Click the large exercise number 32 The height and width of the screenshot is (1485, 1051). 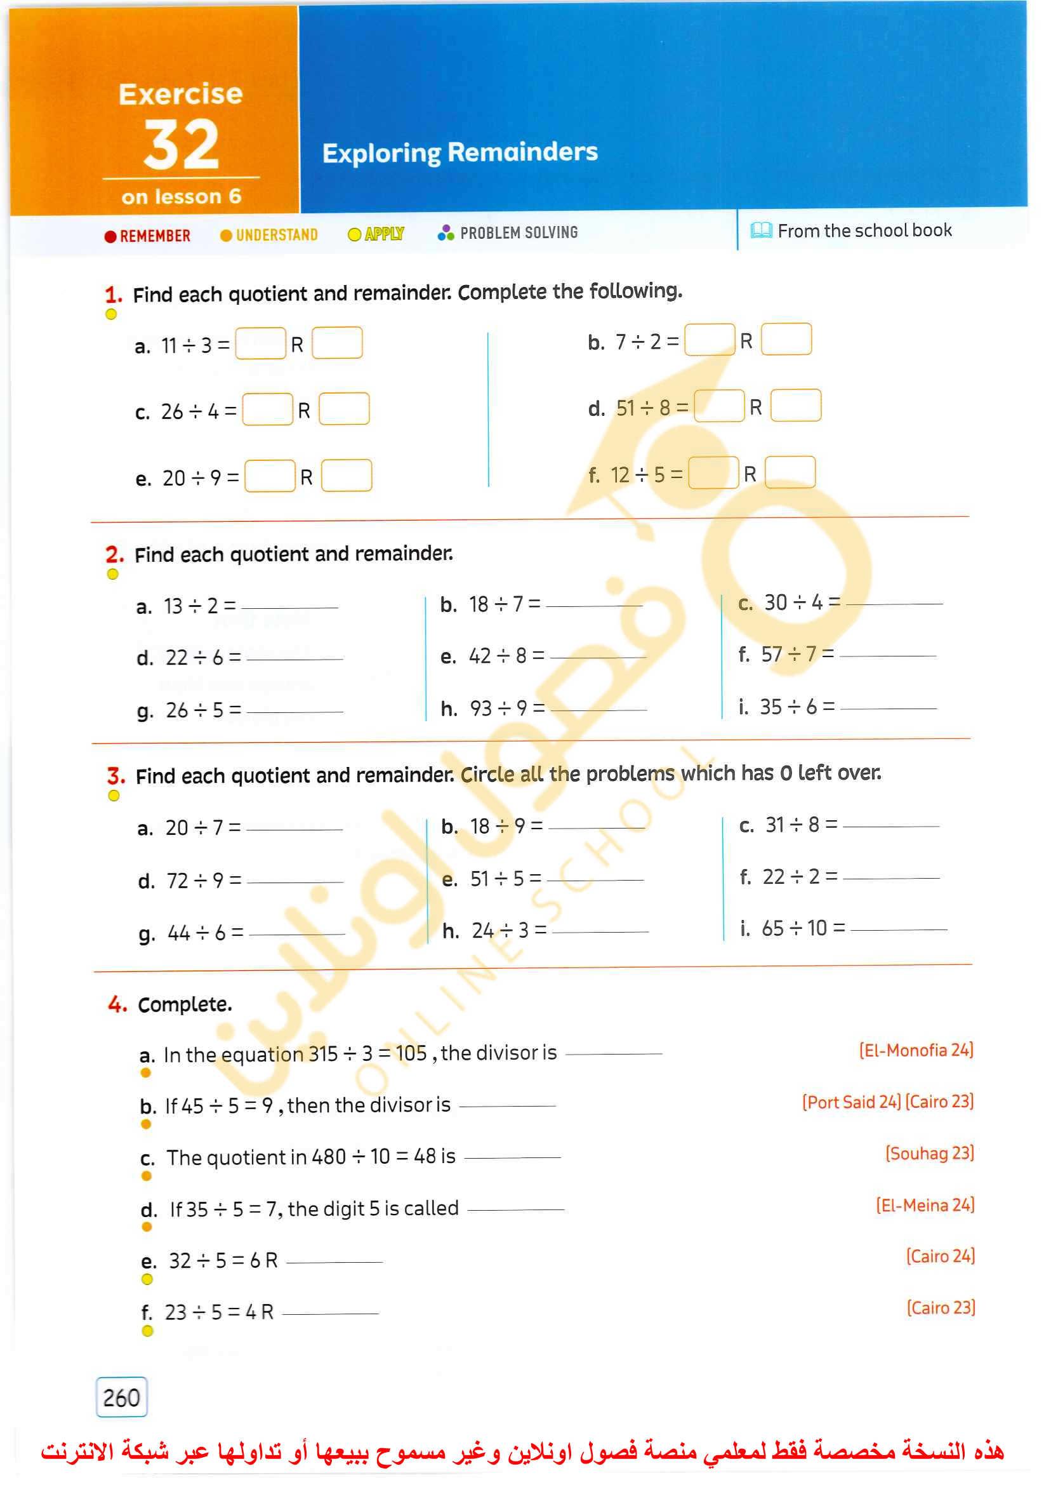point(182,145)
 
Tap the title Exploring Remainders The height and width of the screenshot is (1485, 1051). point(459,153)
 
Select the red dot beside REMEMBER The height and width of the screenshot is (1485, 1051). point(110,236)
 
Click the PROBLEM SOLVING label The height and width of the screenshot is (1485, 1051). point(519,232)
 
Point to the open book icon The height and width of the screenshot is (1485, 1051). point(761,230)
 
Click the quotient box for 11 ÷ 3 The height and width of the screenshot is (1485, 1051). point(260,343)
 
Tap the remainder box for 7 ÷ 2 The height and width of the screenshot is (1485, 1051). point(786,340)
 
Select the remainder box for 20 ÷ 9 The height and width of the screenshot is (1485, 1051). point(347,476)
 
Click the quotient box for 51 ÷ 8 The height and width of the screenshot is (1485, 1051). point(718,406)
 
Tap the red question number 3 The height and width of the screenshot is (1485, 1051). point(116,776)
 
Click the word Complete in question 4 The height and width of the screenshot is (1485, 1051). point(185,1004)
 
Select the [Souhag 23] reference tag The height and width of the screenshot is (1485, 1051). point(929,1154)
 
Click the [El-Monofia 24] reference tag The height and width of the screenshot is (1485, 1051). point(916,1050)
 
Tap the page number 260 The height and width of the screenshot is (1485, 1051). point(122,1397)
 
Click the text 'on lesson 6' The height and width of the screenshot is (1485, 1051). point(182,196)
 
